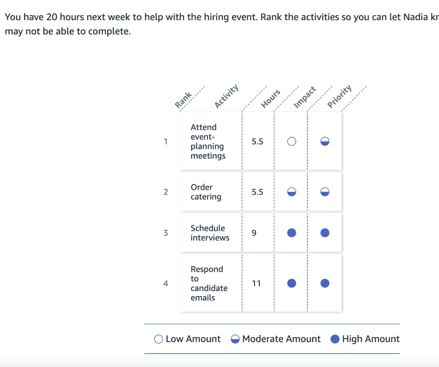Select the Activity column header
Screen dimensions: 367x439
[226, 96]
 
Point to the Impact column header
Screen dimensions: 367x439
[305, 97]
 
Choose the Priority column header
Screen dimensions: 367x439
[340, 96]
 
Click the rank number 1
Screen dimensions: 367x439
[165, 141]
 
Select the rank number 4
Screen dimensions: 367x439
[165, 283]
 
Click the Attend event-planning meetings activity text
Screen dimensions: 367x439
[208, 141]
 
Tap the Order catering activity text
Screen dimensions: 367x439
[206, 192]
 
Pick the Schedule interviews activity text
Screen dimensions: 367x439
[210, 233]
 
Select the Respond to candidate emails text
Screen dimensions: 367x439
[209, 283]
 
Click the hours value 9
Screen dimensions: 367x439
[254, 233]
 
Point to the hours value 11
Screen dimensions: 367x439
[256, 283]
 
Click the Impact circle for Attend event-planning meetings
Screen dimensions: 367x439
[292, 141]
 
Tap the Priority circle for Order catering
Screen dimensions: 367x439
[325, 192]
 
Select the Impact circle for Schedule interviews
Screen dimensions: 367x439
[292, 233]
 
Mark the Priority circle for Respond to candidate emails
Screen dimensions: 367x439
[325, 283]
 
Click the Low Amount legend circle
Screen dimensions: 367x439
[159, 339]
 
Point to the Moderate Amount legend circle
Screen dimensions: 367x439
[235, 339]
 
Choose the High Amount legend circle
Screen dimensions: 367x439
[335, 339]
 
